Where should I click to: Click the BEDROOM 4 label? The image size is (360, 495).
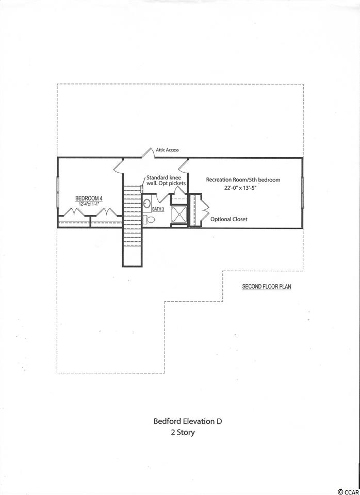[x=89, y=198]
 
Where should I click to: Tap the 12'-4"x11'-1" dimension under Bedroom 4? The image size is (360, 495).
[x=89, y=204]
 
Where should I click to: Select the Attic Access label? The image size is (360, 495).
[x=167, y=150]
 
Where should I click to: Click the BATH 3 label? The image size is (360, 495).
[x=158, y=209]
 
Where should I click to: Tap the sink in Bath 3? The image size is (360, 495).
[x=147, y=203]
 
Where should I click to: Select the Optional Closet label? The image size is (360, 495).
[x=229, y=219]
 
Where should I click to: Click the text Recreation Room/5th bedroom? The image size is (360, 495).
[x=243, y=179]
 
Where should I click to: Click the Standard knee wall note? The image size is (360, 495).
[x=166, y=180]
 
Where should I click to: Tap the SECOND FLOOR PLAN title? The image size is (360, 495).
[x=267, y=287]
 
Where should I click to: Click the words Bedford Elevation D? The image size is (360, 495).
[x=188, y=421]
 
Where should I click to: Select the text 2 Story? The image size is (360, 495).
[x=183, y=432]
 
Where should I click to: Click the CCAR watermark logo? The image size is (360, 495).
[x=348, y=491]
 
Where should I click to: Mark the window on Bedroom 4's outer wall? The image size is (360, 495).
[x=58, y=192]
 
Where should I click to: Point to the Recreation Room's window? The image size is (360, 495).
[x=302, y=192]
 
